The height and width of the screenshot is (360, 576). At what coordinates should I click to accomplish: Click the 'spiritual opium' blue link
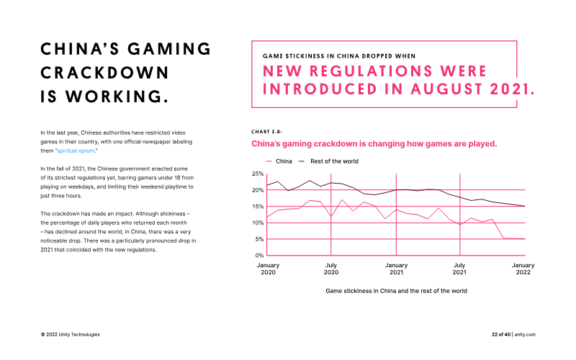76,150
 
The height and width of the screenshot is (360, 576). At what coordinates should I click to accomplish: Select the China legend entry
279,161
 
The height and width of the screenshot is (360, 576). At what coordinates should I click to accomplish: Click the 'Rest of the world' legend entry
328,161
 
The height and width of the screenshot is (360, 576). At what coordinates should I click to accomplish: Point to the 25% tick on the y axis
258,174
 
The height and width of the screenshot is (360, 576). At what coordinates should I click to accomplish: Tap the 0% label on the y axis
259,256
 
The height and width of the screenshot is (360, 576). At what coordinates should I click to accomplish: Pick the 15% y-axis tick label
258,207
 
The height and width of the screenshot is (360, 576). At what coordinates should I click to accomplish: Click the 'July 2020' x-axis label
331,269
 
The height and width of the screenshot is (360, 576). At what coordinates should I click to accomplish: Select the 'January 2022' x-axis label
523,269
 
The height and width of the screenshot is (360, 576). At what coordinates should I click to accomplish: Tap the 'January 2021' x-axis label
397,269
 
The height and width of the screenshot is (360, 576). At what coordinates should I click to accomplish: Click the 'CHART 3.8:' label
266,132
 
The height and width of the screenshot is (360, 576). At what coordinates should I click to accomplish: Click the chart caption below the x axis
396,291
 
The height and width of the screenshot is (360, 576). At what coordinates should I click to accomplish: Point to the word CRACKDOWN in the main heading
104,73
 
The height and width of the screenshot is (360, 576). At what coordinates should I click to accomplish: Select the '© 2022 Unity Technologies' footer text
70,335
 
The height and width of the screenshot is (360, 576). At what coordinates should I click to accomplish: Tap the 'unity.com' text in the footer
525,335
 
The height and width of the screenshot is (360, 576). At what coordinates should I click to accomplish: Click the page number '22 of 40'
501,335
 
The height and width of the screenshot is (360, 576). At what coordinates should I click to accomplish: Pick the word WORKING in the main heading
117,96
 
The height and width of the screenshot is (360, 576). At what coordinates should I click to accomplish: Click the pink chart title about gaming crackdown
374,143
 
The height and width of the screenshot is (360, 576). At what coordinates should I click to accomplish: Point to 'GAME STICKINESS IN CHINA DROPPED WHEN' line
339,56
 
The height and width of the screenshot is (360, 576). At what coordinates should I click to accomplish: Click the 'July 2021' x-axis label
459,269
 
